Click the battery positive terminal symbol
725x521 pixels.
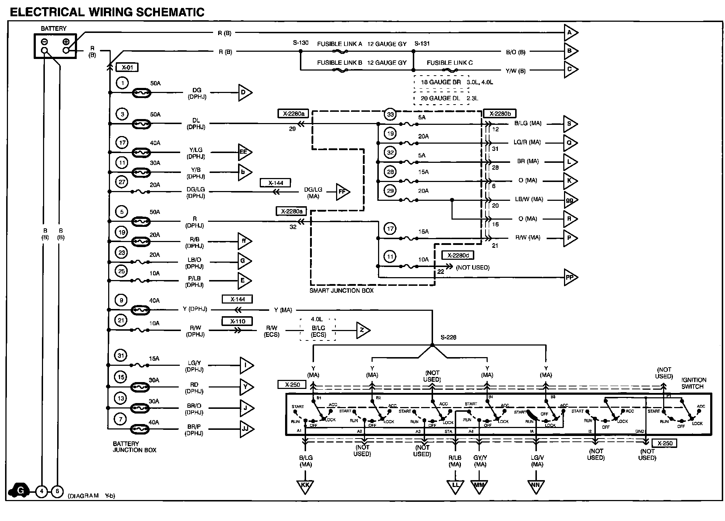click(66, 42)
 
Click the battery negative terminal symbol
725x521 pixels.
click(44, 42)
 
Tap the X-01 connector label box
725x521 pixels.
click(127, 67)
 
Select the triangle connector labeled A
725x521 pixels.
click(570, 33)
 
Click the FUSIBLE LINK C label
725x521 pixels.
click(450, 63)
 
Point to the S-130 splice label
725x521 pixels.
click(301, 43)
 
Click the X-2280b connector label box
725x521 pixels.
click(500, 114)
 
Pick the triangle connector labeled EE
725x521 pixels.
click(244, 152)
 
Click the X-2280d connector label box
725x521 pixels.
click(458, 255)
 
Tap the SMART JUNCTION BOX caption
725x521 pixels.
click(342, 291)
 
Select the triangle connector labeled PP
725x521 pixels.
click(570, 278)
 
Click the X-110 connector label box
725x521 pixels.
click(237, 321)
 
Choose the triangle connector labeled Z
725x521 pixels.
click(362, 330)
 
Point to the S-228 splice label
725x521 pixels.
click(448, 338)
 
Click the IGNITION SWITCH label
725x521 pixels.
click(693, 383)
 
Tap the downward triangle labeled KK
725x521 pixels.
click(305, 486)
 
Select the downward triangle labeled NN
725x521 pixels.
click(537, 486)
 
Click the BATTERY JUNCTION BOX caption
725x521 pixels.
click(135, 447)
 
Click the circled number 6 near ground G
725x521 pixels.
click(57, 491)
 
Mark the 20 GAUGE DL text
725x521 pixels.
click(440, 98)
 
